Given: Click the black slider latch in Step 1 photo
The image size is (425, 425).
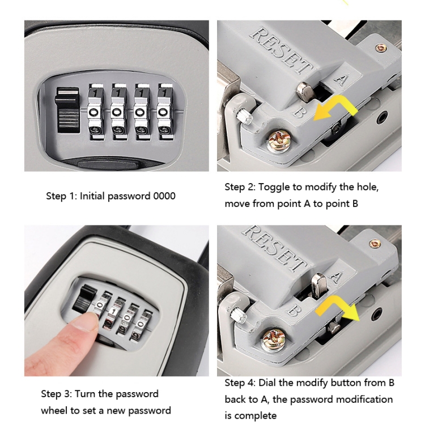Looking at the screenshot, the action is coord(67,110).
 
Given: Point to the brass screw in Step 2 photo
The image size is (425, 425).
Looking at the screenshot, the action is coord(279,141).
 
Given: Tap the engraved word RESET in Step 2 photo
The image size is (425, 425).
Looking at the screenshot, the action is coord(281,50).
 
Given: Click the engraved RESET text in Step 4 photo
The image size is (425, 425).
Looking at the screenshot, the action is coord(274,247).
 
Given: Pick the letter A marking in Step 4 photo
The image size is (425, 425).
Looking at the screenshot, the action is coord(335,277).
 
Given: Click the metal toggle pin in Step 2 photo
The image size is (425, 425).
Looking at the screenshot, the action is coord(305,92).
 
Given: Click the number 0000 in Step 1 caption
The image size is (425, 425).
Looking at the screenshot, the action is coord(164,196).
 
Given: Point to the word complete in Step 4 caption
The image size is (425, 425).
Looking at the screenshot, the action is coord(250,416).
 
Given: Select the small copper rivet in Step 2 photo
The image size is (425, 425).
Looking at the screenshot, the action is coord(381,48).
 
